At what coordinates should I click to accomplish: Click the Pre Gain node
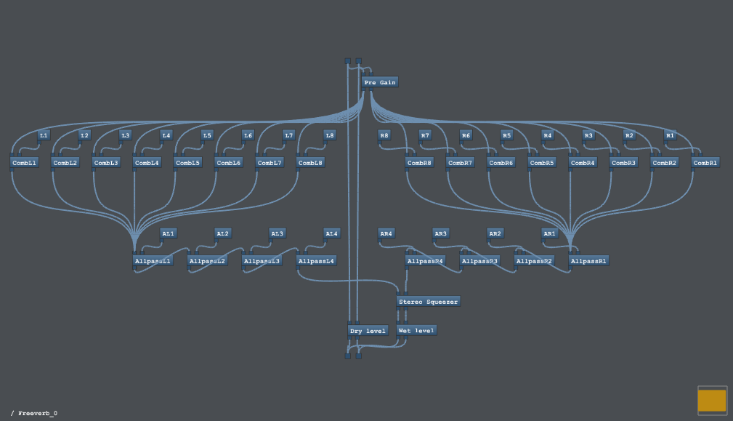coord(380,82)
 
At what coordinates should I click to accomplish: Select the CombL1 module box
coord(24,163)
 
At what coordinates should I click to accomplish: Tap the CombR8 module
coord(419,163)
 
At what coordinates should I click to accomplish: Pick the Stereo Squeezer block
coord(429,301)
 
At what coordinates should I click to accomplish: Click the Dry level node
coord(368,331)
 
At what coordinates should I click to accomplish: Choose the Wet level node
coord(416,331)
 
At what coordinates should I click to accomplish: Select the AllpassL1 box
coord(153,260)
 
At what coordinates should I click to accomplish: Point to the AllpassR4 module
coord(425,260)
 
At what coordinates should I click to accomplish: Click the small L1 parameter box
coord(44,135)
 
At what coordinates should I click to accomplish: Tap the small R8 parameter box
coord(384,135)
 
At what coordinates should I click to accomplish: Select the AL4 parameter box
coord(331,233)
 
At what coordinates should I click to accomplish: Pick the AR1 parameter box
coord(549,233)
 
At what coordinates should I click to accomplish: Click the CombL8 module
coord(310,163)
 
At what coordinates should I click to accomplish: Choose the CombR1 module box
coord(705,163)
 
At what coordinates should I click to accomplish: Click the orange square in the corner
coord(712,401)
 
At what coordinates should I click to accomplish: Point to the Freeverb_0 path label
coord(34,413)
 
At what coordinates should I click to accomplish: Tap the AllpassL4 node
coord(317,260)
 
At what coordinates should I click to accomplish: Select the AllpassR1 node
coord(588,260)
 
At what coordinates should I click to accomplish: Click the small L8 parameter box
coord(330,135)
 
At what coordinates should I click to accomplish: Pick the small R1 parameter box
coord(670,135)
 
